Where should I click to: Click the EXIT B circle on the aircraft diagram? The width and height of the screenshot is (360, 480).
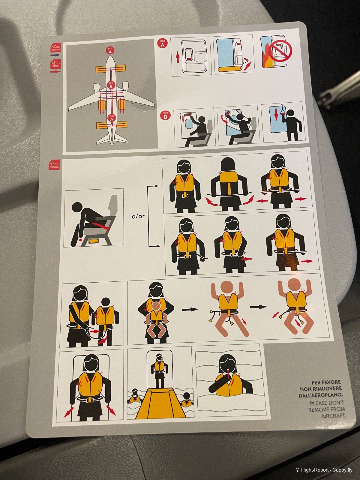[111, 85]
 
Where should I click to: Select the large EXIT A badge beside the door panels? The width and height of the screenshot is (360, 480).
[162, 43]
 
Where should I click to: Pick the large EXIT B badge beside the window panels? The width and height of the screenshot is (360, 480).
[165, 116]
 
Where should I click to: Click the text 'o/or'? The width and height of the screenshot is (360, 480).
[138, 216]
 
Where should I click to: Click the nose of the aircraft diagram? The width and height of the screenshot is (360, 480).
[111, 57]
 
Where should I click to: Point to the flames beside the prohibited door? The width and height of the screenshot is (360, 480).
[266, 57]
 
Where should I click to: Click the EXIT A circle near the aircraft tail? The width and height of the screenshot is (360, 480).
[112, 118]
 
